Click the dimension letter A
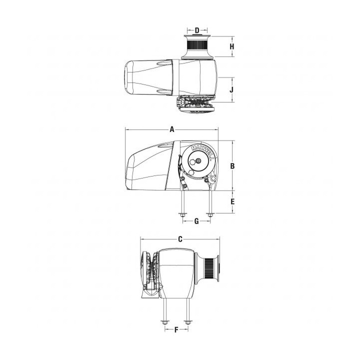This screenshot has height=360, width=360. point(171,129)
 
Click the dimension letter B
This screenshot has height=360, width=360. point(232,165)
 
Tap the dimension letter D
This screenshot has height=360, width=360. point(197,31)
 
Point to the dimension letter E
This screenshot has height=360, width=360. point(232,202)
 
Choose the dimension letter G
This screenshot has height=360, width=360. point(196,220)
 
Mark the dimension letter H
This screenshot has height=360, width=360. point(231,47)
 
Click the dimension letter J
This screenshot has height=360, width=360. point(231,90)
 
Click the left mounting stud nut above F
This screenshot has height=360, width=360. point(163,322)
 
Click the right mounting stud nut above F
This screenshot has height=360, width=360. point(187,322)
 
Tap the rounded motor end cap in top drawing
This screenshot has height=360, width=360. point(131,78)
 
